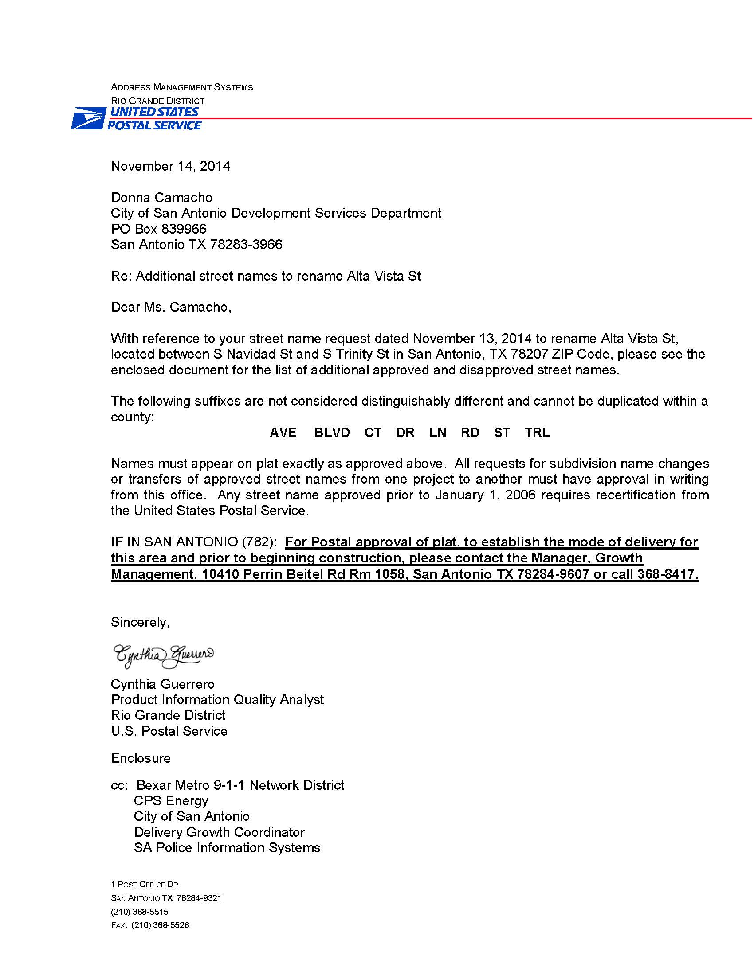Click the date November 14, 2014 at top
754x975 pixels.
pyautogui.click(x=170, y=166)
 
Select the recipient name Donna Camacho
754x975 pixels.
pyautogui.click(x=161, y=197)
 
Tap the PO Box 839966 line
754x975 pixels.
pyautogui.click(x=159, y=229)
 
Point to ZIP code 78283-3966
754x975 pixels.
pyautogui.click(x=246, y=245)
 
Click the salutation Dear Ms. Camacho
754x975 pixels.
pyautogui.click(x=171, y=307)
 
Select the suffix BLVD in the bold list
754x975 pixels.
pyautogui.click(x=332, y=433)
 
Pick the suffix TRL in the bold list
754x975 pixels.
pyautogui.click(x=538, y=433)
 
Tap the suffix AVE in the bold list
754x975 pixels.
pyautogui.click(x=283, y=433)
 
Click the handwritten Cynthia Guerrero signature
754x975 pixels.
pyautogui.click(x=163, y=656)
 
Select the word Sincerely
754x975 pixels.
pyautogui.click(x=140, y=622)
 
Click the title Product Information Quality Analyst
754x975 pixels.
pyautogui.click(x=217, y=699)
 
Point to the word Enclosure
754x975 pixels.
pyautogui.click(x=141, y=758)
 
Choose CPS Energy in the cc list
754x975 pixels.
pyautogui.click(x=171, y=801)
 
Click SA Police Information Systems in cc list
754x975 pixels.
pyautogui.click(x=227, y=848)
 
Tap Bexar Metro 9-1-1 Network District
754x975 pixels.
pyautogui.click(x=240, y=785)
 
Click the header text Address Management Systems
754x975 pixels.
pyautogui.click(x=182, y=87)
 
